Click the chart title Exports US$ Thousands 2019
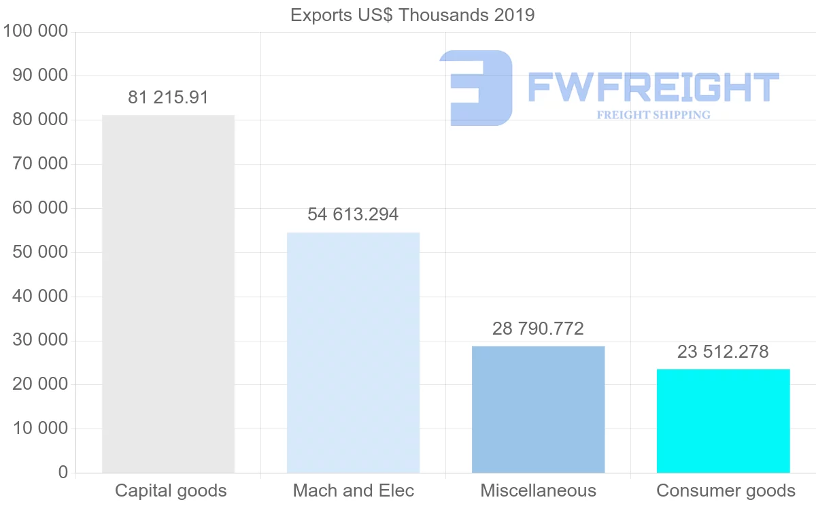[x=412, y=15]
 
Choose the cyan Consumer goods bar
[x=723, y=421]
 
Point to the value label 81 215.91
[x=168, y=98]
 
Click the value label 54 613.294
[x=353, y=215]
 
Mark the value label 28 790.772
[x=538, y=329]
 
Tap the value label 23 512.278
[x=723, y=352]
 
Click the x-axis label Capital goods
[x=171, y=490]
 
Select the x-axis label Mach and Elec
[x=353, y=490]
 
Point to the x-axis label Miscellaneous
[x=538, y=490]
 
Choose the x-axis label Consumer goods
[x=726, y=490]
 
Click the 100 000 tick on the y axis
[x=35, y=31]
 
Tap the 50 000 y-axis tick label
[x=40, y=252]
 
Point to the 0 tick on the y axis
[x=63, y=473]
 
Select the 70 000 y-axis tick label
[x=40, y=164]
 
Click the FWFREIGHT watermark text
[x=653, y=87]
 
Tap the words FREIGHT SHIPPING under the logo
[x=653, y=115]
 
